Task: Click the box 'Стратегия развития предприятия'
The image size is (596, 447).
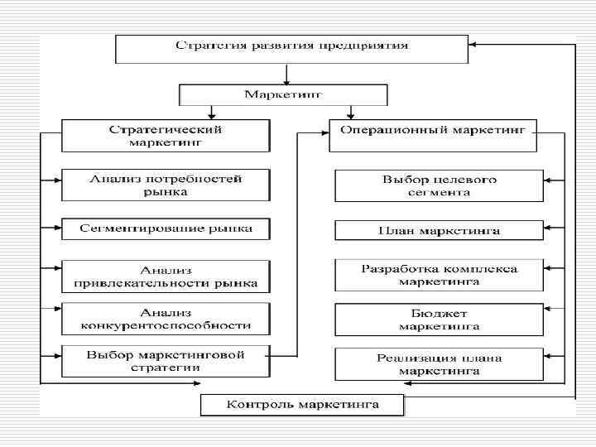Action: pyautogui.click(x=291, y=49)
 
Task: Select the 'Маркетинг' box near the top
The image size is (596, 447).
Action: pyautogui.click(x=283, y=94)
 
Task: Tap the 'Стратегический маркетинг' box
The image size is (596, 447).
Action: pyautogui.click(x=166, y=135)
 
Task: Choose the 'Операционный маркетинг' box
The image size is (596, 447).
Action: pyautogui.click(x=432, y=135)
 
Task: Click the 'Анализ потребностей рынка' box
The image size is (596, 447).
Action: pyautogui.click(x=166, y=185)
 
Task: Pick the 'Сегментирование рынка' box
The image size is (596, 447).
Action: pyautogui.click(x=166, y=228)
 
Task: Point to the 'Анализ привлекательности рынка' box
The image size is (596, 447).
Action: pyautogui.click(x=166, y=276)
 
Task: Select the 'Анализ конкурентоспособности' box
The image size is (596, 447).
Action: pyautogui.click(x=166, y=319)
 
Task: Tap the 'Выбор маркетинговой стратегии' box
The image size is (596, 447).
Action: pyautogui.click(x=166, y=361)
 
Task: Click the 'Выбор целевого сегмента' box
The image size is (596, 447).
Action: pyautogui.click(x=439, y=185)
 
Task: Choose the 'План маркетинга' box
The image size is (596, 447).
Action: pyautogui.click(x=439, y=230)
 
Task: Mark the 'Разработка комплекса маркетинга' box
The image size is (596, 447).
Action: pyautogui.click(x=439, y=275)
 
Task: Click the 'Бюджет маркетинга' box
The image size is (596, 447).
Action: pyautogui.click(x=439, y=320)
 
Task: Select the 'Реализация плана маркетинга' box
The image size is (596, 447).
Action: pyautogui.click(x=439, y=364)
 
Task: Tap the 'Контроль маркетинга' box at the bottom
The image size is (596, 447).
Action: pyautogui.click(x=302, y=405)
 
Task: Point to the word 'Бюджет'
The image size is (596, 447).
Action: pyautogui.click(x=438, y=314)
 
